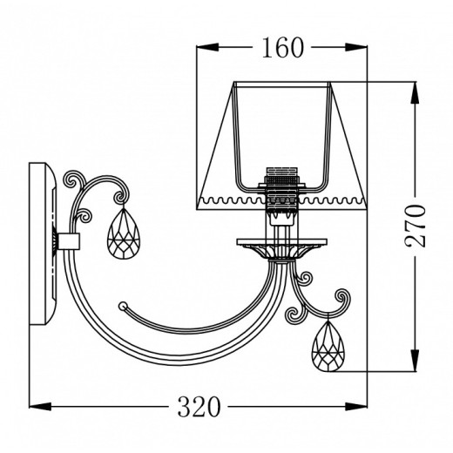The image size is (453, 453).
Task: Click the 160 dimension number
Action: (283, 48)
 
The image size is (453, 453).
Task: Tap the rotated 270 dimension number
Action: (416, 226)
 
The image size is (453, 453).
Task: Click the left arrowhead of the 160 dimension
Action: (207, 47)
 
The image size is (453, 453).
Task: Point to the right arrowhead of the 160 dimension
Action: (356, 47)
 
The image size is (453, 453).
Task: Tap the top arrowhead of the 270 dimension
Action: (415, 92)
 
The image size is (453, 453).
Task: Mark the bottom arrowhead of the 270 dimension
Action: (415, 360)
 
